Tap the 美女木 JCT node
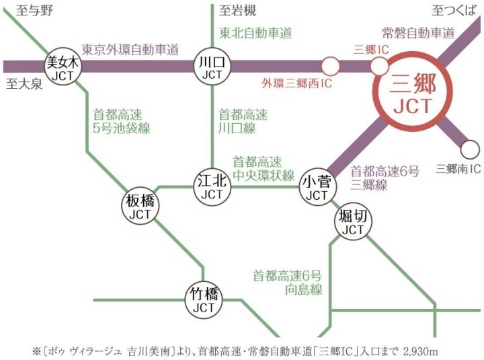[x=62, y=67]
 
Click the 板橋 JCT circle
[x=140, y=206]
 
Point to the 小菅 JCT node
[x=315, y=186]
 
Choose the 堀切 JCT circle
[x=352, y=221]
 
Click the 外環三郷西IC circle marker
[x=330, y=66]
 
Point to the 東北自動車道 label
[x=255, y=32]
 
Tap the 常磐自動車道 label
[x=418, y=32]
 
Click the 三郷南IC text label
[x=458, y=168]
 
